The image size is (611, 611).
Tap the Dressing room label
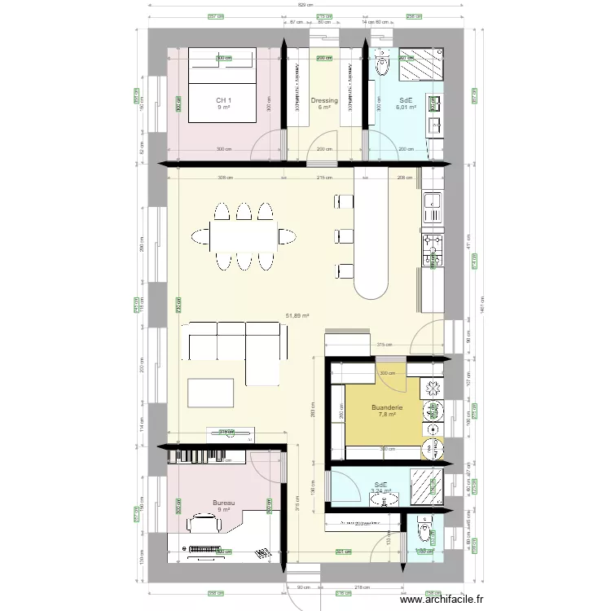point(324,101)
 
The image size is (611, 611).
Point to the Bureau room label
point(224,503)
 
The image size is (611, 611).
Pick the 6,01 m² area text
point(406,107)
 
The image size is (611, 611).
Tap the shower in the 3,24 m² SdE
point(425,488)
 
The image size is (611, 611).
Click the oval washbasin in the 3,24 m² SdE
point(379,499)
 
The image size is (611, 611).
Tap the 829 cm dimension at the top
point(305,6)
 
